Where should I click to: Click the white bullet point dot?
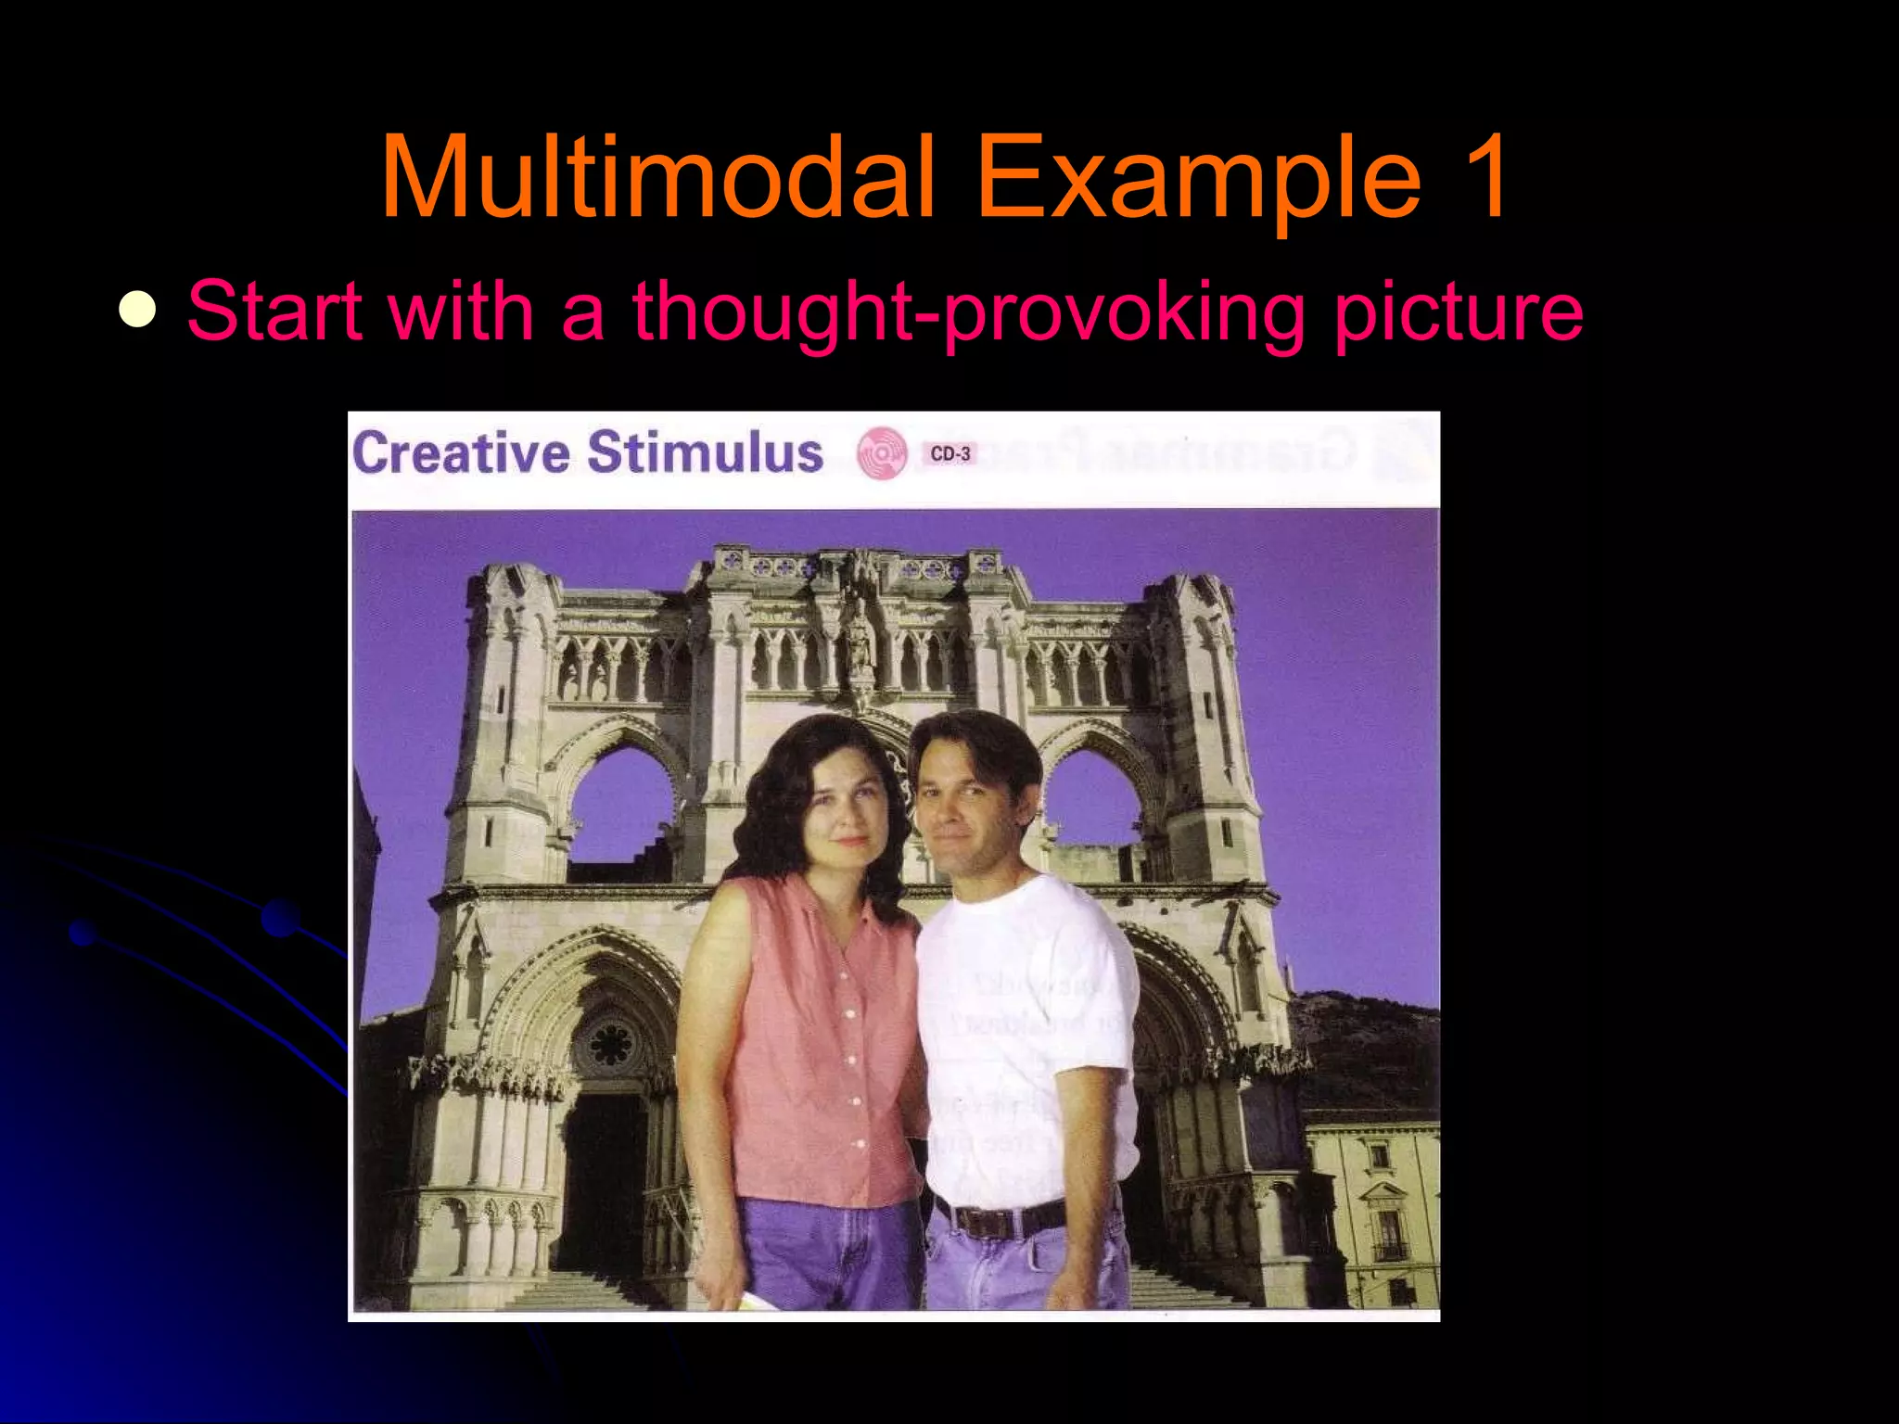(x=137, y=310)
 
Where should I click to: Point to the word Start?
(x=274, y=310)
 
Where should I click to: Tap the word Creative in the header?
(x=461, y=453)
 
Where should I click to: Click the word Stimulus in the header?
(x=705, y=453)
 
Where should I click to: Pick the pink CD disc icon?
(x=881, y=453)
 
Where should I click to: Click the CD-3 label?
(x=950, y=453)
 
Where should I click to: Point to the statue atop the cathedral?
(x=861, y=640)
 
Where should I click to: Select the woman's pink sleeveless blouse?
(x=825, y=1038)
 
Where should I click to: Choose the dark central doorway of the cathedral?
(x=603, y=1177)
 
